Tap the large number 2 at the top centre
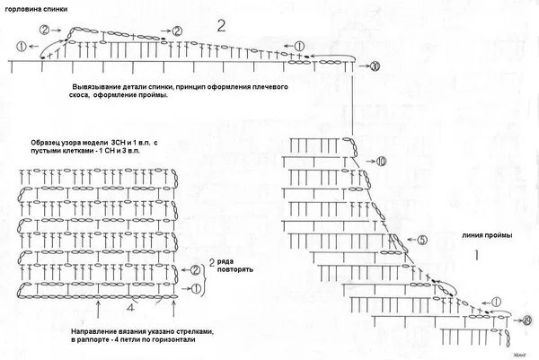click(x=221, y=23)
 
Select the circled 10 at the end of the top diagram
click(x=375, y=66)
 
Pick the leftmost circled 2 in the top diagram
click(x=44, y=29)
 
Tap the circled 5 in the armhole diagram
click(x=422, y=240)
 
